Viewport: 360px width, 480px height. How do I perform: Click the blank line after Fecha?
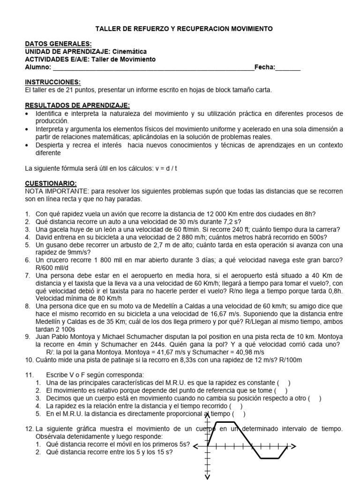pyautogui.click(x=288, y=67)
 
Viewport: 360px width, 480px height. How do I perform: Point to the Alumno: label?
pyautogui.click(x=37, y=67)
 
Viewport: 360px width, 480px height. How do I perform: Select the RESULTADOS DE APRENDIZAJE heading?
pyautogui.click(x=77, y=105)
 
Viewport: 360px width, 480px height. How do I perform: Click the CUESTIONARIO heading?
pyautogui.click(x=50, y=184)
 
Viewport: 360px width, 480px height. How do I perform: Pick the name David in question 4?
pyautogui.click(x=45, y=237)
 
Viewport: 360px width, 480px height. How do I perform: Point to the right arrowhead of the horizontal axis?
pyautogui.click(x=297, y=446)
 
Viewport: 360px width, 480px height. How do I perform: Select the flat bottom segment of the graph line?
pyautogui.click(x=270, y=458)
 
